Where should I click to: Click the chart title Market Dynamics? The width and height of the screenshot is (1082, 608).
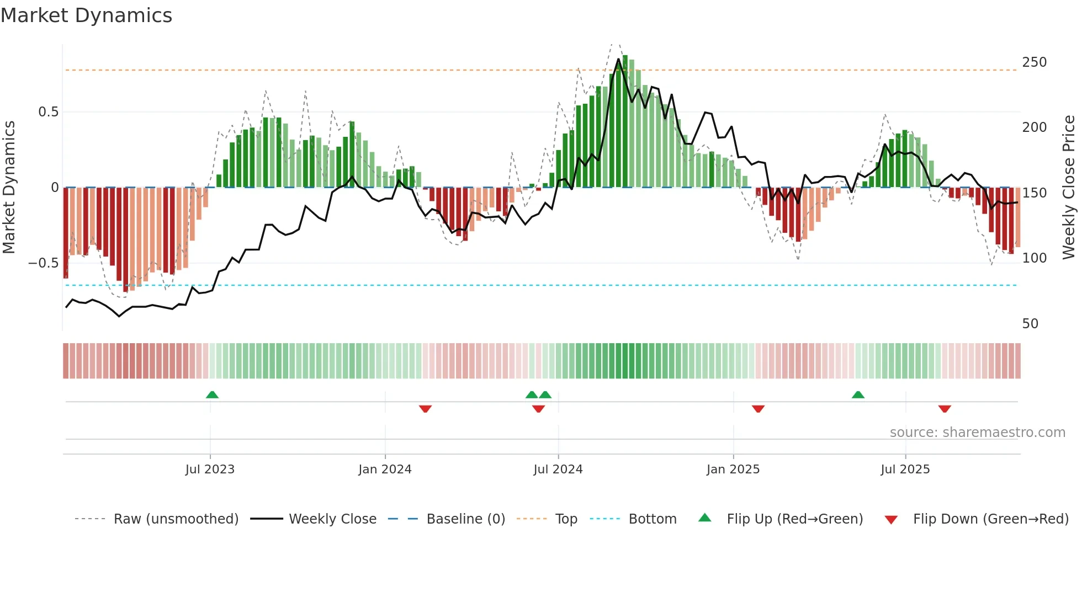(x=87, y=15)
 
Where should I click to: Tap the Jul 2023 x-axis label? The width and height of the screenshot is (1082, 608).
(x=210, y=470)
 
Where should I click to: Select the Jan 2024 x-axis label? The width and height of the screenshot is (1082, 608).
(x=385, y=470)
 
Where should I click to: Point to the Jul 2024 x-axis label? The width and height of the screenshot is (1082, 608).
(x=558, y=470)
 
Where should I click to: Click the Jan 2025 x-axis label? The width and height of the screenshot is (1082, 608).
(x=733, y=470)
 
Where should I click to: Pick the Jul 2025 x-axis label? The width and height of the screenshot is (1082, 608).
(x=905, y=470)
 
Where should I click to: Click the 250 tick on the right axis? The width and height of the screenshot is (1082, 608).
(x=1034, y=62)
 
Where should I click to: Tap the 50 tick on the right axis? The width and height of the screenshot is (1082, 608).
(x=1030, y=324)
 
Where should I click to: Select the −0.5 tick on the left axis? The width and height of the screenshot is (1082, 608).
(x=43, y=263)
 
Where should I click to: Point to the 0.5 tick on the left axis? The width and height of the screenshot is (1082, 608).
(x=48, y=112)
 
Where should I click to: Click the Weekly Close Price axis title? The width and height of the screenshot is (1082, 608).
(x=1069, y=188)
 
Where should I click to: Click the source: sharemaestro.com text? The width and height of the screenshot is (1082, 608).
(x=977, y=433)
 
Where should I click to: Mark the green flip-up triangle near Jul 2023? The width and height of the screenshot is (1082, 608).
(x=212, y=394)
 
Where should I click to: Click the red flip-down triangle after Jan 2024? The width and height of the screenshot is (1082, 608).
(x=425, y=409)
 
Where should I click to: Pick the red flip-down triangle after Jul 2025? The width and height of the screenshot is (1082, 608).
(x=945, y=409)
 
